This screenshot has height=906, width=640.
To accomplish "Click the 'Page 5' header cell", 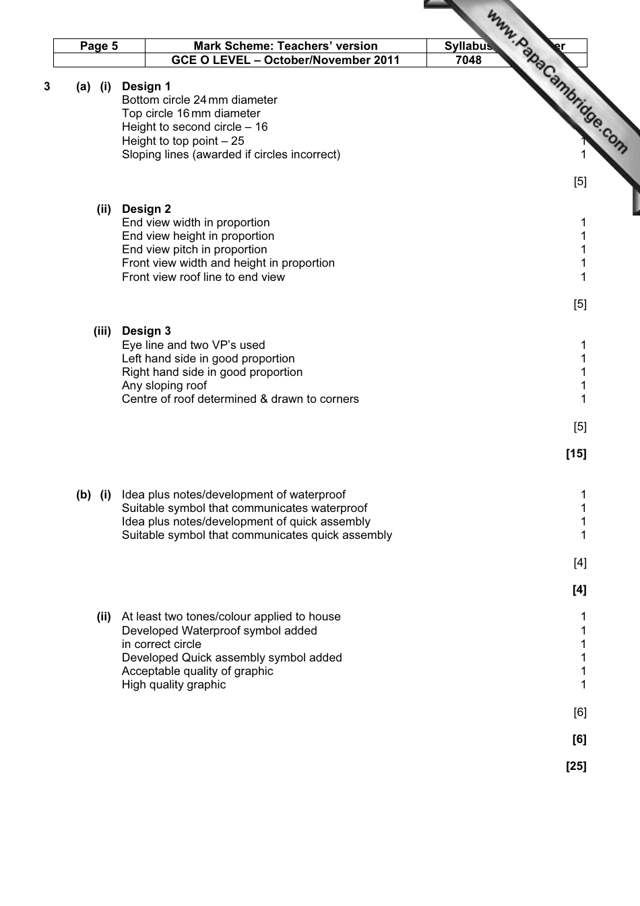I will [99, 46].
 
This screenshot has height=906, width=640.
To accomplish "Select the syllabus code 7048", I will [468, 60].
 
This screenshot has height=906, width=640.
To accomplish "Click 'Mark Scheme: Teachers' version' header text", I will [286, 46].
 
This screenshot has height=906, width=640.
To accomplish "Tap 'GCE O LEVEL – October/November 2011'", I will [286, 60].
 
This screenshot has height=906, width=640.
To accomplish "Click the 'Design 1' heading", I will [146, 86].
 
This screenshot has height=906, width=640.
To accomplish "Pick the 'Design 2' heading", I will [146, 209].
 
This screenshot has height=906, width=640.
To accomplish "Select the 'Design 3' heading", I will [146, 331].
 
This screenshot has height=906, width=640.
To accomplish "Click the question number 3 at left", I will [47, 86].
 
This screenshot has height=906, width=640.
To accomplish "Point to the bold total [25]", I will [576, 766].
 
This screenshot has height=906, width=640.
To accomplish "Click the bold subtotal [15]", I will [576, 453].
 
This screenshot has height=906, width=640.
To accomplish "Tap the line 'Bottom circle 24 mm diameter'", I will [199, 100].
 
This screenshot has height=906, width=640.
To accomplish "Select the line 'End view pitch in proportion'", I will [194, 249].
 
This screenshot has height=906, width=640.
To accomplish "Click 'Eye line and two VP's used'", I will [193, 345].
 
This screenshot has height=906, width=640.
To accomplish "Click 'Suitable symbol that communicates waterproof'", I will [245, 508].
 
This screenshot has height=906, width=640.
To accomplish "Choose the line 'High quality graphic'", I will [174, 684].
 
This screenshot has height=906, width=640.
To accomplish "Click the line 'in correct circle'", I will [162, 644].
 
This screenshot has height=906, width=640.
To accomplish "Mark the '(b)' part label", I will [84, 494].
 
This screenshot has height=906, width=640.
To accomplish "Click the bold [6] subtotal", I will [579, 739].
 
